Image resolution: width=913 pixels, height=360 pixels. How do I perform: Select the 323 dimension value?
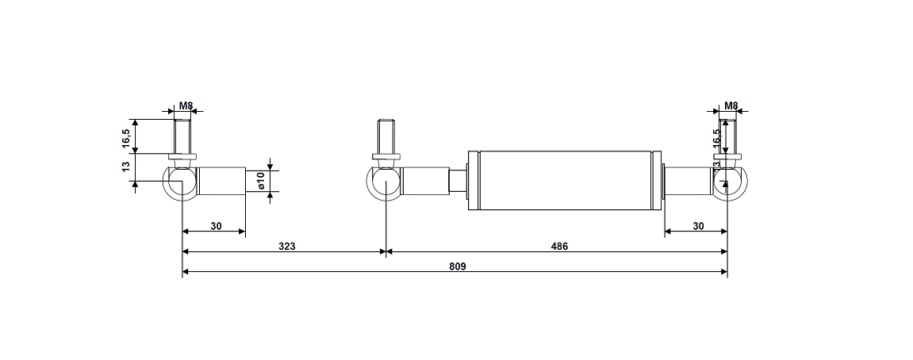pyautogui.click(x=286, y=246)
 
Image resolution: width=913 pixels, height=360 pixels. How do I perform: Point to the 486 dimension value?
pyautogui.click(x=559, y=246)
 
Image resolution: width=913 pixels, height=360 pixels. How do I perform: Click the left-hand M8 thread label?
pyautogui.click(x=186, y=105)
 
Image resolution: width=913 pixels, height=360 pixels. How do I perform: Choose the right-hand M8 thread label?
pyautogui.click(x=731, y=105)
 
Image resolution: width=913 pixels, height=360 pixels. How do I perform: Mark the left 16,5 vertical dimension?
pyautogui.click(x=126, y=137)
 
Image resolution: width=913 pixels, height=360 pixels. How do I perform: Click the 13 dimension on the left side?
pyautogui.click(x=126, y=167)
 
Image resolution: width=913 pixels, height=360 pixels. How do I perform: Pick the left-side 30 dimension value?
pyautogui.click(x=215, y=225)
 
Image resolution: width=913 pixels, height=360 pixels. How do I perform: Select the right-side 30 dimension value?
pyautogui.click(x=697, y=225)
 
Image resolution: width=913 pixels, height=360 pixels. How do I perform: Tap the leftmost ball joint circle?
pyautogui.click(x=181, y=182)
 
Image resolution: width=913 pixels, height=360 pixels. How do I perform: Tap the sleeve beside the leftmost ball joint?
pyautogui.click(x=221, y=182)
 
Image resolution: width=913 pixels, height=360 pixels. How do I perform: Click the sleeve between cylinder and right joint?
pyautogui.click(x=687, y=182)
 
